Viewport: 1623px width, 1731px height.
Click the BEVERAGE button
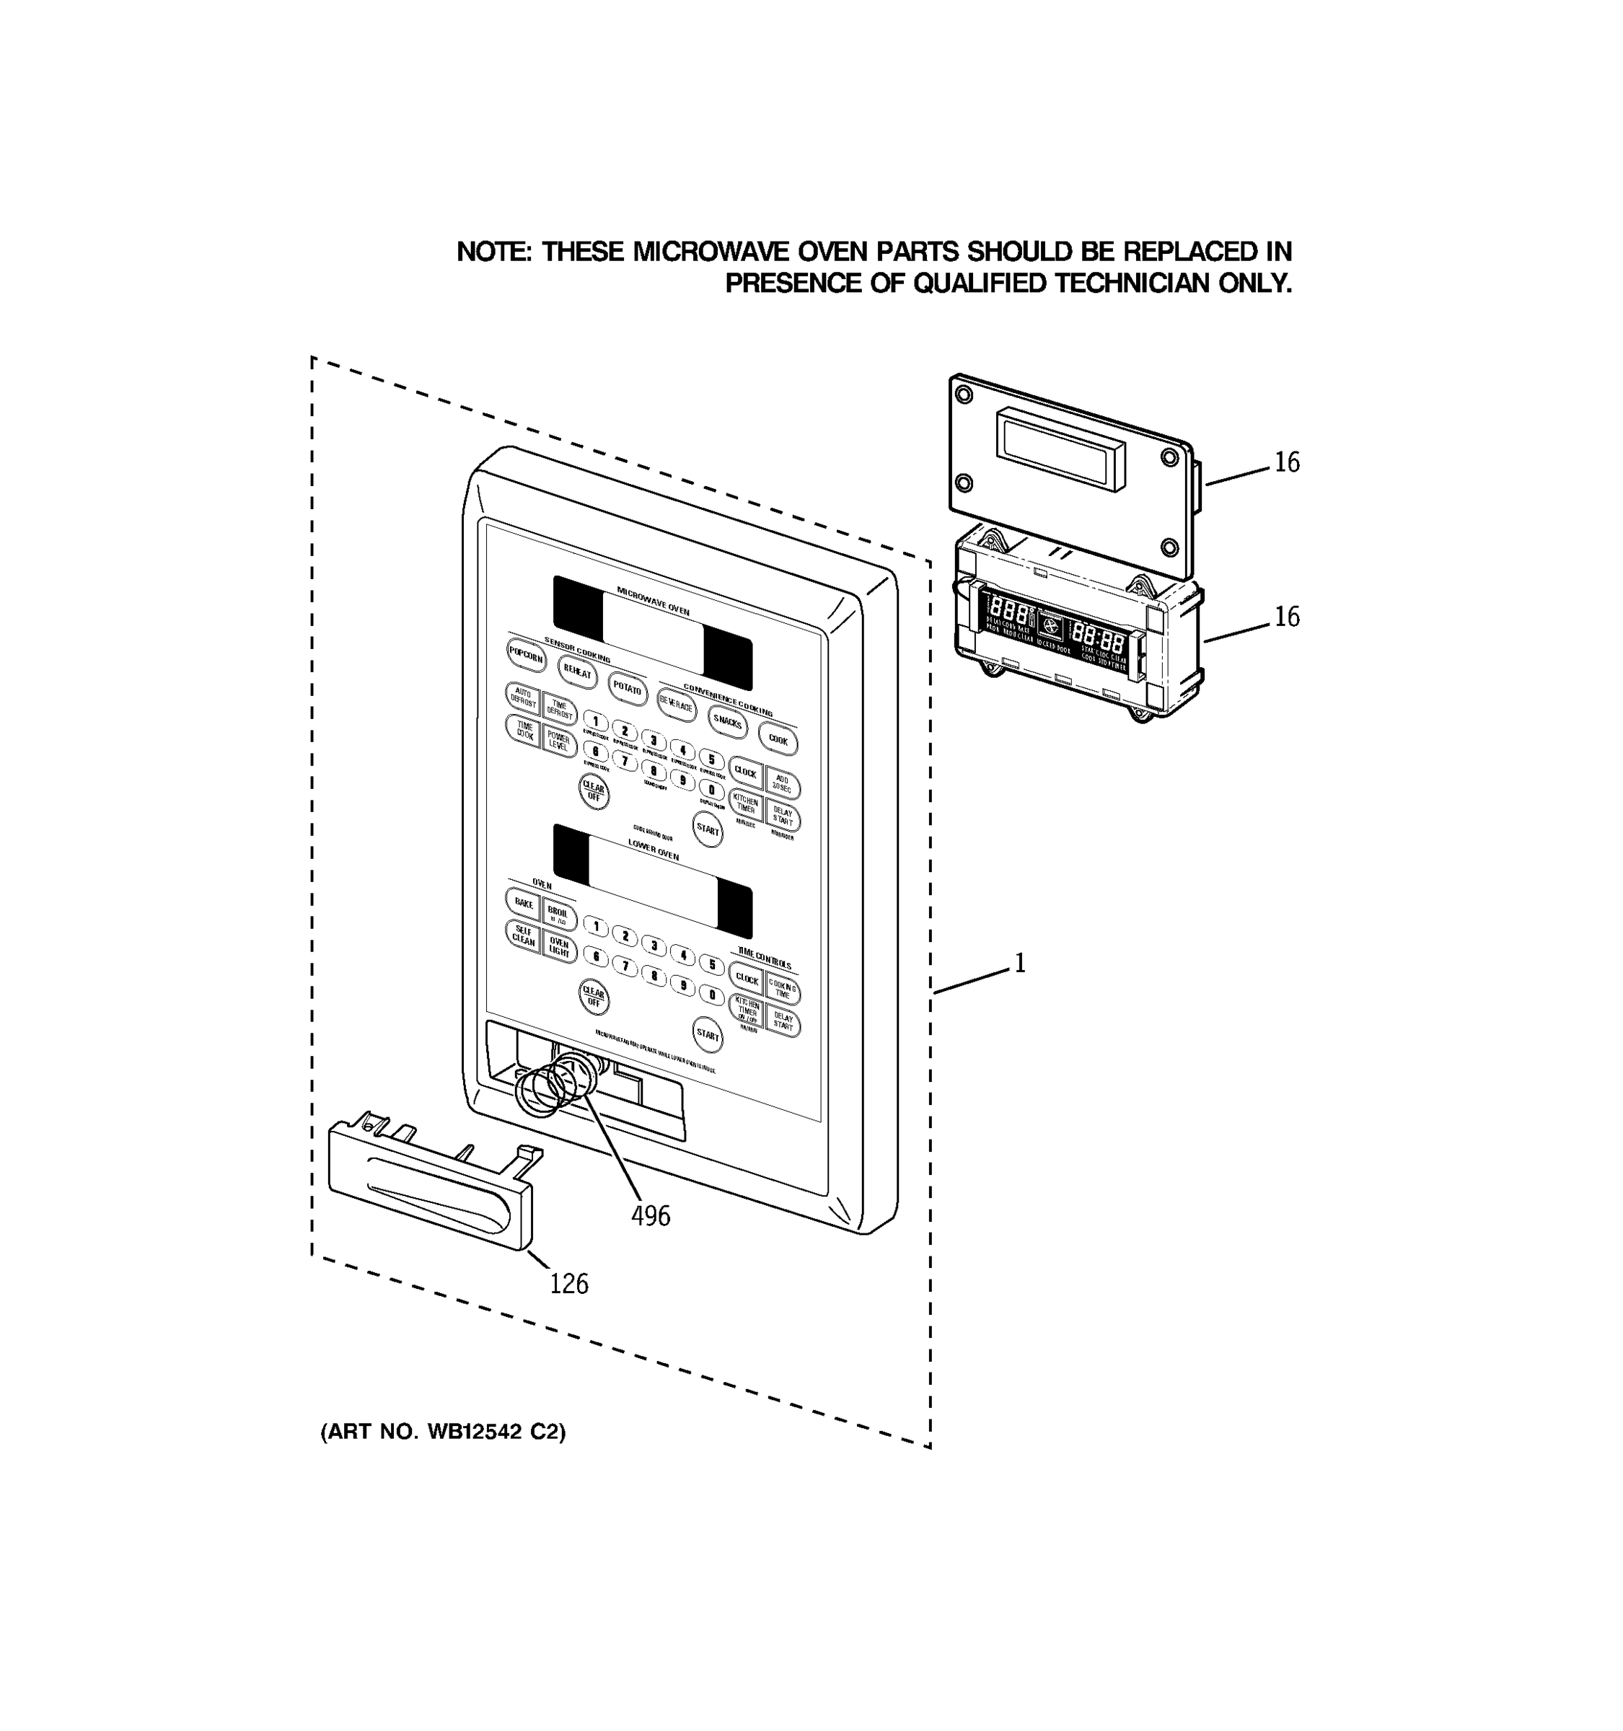click(677, 705)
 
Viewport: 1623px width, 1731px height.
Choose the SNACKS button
click(727, 722)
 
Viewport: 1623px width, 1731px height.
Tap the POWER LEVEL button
click(559, 741)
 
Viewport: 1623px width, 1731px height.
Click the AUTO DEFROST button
click(523, 697)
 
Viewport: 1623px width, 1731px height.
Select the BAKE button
click(523, 903)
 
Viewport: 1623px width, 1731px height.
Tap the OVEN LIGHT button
click(559, 947)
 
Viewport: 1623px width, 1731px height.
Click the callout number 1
click(1019, 964)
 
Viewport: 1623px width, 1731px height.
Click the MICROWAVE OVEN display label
click(653, 600)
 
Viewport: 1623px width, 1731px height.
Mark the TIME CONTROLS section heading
click(765, 959)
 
